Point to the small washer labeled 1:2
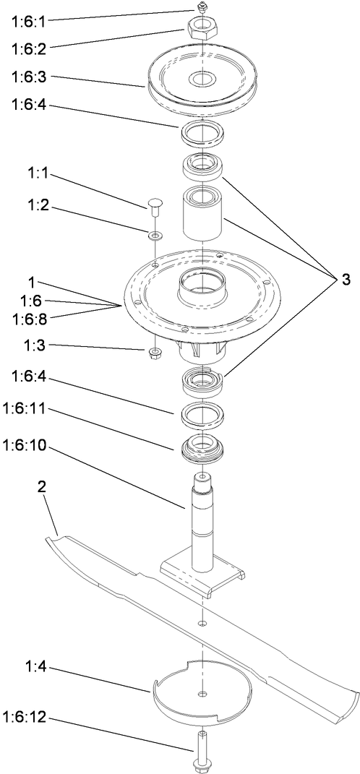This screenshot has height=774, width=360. pos(155,235)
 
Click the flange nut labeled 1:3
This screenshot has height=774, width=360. pos(154,353)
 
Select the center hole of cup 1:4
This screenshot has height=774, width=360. pos(202,695)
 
